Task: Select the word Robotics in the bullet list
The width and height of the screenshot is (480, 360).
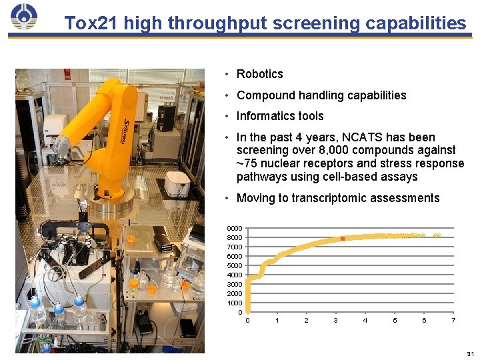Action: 260,74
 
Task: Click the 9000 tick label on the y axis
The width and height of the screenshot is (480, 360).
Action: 235,229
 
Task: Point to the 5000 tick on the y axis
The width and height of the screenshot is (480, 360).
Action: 235,266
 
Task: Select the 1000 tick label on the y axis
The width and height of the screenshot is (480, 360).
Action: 235,303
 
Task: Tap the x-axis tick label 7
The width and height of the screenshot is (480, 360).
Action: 453,321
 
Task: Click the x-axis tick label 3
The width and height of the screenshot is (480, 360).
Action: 336,321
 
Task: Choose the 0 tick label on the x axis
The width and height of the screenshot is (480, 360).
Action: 248,321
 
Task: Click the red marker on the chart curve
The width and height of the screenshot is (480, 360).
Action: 342,239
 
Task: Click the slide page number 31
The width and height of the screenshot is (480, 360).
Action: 470,353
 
